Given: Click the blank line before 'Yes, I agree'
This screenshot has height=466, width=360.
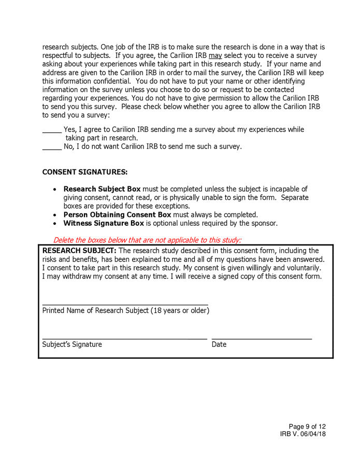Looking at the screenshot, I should click(x=51, y=132).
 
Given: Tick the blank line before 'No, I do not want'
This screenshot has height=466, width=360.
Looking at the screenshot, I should click(x=51, y=149).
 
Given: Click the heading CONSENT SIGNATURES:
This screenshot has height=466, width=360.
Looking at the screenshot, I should click(x=84, y=172).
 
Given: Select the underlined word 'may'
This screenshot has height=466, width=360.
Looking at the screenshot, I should click(x=215, y=55).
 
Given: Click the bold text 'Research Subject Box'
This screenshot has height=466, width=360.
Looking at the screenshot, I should click(x=102, y=189).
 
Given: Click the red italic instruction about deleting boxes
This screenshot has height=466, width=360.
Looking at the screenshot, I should click(x=147, y=240).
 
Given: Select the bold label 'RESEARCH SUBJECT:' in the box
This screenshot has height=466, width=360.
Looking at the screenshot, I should click(x=79, y=251).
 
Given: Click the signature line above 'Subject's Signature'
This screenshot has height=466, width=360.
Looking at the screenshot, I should click(x=124, y=339).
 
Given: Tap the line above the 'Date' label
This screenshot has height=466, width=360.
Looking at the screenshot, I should click(x=262, y=339).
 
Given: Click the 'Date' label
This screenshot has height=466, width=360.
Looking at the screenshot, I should click(x=219, y=344).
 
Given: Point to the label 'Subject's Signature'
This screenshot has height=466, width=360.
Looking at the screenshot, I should click(x=72, y=344).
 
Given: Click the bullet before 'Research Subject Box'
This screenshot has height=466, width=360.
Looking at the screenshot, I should click(x=55, y=190).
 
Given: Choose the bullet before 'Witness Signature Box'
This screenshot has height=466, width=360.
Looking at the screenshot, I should click(x=55, y=224).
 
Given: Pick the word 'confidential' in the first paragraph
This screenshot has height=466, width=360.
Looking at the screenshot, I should click(x=105, y=81).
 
